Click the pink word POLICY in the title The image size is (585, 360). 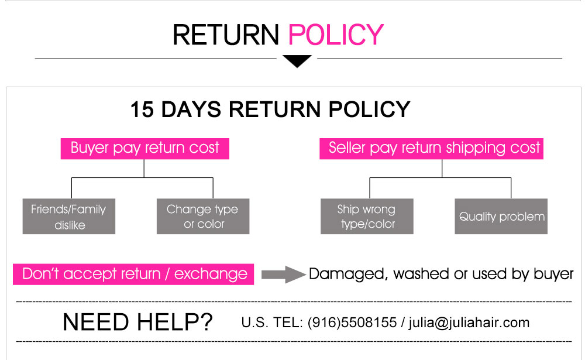(336, 35)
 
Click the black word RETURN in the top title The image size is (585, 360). (226, 35)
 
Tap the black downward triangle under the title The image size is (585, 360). (297, 61)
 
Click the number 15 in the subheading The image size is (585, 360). (142, 109)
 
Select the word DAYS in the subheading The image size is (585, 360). (191, 109)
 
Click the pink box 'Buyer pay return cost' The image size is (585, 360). (144, 149)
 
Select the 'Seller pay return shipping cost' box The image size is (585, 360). (431, 149)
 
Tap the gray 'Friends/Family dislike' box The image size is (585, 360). (69, 217)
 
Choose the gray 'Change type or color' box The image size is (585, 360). (203, 217)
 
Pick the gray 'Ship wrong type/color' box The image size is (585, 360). (367, 217)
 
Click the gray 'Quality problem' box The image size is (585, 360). (501, 217)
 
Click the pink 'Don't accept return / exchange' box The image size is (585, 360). (133, 275)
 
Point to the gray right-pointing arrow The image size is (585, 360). (284, 275)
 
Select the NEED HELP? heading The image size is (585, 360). (137, 322)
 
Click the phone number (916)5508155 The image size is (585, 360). (352, 323)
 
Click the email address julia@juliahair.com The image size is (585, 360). (469, 323)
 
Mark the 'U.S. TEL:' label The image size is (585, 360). (272, 323)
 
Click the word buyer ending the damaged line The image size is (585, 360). (553, 275)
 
